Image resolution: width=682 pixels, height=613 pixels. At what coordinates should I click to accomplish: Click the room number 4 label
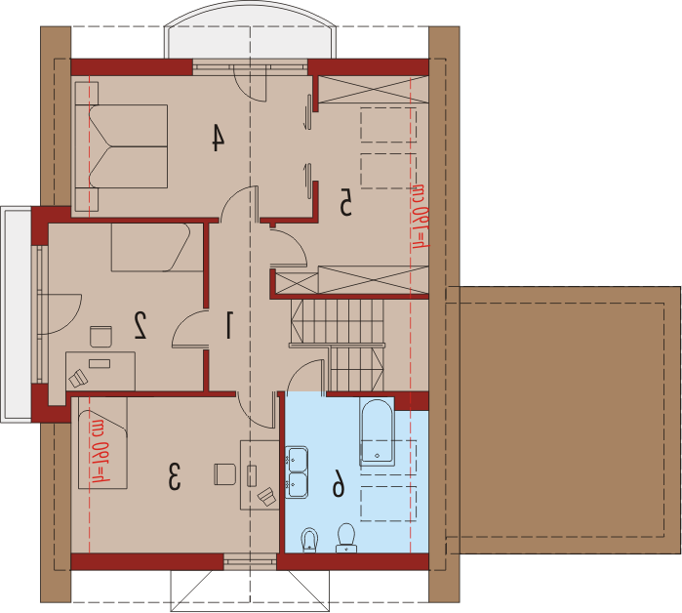coord(219,138)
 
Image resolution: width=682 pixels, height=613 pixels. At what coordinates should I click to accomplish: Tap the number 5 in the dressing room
coord(345,202)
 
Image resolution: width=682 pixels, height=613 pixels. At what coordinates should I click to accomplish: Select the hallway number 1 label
coord(228,324)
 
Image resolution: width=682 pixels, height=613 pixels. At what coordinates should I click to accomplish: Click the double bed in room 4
coord(121,146)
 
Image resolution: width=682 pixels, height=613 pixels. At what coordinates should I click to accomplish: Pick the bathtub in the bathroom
coord(377,430)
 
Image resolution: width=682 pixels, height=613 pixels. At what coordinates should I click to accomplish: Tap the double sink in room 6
coord(297,472)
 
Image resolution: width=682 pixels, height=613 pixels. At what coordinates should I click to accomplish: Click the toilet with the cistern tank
coord(346,538)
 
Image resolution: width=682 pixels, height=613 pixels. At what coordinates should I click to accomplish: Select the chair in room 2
coord(100,337)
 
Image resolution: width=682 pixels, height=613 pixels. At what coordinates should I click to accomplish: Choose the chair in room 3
coord(224,474)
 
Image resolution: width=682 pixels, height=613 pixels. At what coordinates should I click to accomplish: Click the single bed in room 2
coord(157,248)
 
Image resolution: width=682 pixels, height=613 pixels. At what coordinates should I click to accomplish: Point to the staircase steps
coord(337,345)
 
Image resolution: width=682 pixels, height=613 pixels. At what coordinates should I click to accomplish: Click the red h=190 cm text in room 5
coord(420,217)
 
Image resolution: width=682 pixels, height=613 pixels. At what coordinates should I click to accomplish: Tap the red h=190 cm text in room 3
coord(100,452)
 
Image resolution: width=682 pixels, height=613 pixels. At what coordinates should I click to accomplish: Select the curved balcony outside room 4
coord(250,30)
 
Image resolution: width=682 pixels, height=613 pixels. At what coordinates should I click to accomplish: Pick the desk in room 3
coord(260,475)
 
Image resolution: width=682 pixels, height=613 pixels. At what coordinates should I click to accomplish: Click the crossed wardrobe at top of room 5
coord(373,90)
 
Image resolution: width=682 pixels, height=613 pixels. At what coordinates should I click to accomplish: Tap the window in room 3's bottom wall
coord(250,561)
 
